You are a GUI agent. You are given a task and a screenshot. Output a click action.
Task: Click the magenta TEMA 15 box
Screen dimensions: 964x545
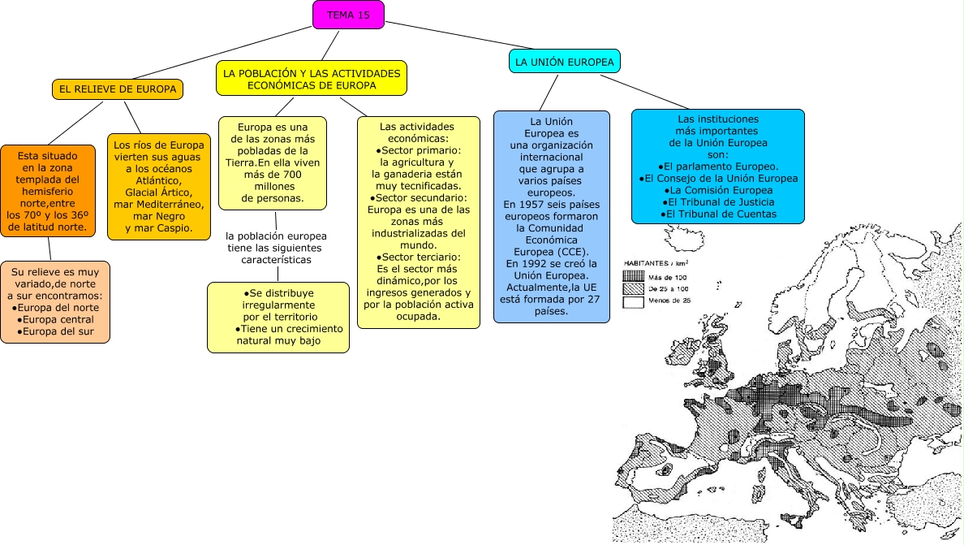348,15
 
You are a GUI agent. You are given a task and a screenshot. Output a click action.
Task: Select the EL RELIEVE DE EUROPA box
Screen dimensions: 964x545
118,89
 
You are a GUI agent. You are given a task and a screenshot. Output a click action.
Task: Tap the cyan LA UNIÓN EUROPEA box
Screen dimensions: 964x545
565,61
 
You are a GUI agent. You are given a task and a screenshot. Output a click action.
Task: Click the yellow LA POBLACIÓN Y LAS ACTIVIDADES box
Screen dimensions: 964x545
312,79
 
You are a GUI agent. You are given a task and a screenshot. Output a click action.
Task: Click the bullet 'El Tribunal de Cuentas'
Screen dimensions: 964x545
718,214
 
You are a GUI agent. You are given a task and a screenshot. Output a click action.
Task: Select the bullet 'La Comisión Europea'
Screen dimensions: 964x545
718,190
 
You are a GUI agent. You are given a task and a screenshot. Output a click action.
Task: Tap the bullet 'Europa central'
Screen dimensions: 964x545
57,319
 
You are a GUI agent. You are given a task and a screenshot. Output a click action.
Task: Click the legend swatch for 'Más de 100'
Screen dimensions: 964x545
633,276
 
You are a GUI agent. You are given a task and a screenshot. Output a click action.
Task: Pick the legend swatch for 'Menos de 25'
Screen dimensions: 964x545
633,302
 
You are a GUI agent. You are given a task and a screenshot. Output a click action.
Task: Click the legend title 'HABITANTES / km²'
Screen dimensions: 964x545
656,264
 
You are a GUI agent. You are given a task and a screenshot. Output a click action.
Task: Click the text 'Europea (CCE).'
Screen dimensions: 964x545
551,251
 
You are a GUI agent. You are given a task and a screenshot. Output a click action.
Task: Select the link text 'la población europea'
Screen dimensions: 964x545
276,236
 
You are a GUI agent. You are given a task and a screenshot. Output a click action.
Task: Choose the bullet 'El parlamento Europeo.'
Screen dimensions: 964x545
718,166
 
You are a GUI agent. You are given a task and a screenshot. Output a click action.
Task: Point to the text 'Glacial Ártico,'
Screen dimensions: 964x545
158,192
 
